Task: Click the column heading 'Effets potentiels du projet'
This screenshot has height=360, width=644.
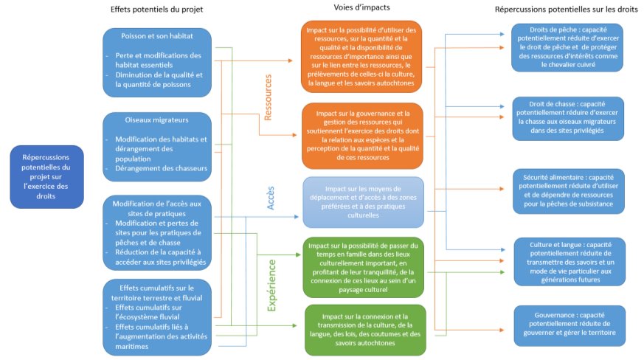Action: coord(156,9)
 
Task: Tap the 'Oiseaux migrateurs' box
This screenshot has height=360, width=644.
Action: coord(157,143)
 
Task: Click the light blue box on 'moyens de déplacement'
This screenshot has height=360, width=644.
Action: coord(362,201)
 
